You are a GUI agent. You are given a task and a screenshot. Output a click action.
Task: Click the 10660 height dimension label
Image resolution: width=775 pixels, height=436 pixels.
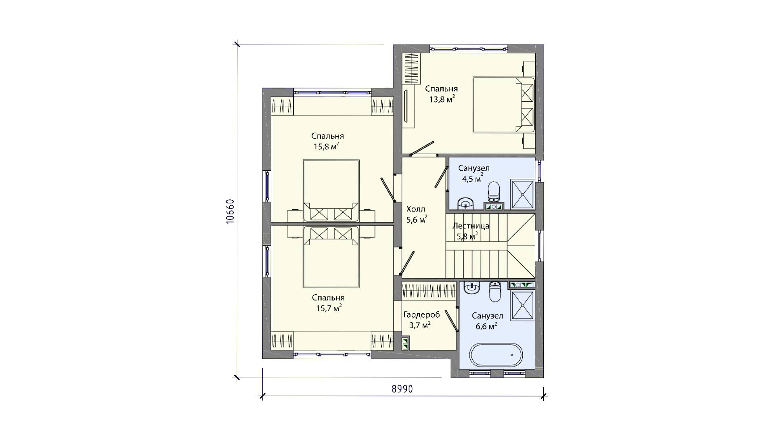[230, 212]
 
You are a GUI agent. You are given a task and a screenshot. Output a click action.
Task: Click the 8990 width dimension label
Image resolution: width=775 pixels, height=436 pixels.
[402, 389]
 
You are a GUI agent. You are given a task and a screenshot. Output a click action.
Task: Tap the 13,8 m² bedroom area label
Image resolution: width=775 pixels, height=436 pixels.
[442, 99]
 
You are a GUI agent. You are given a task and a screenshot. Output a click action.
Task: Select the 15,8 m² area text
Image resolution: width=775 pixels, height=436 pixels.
[326, 146]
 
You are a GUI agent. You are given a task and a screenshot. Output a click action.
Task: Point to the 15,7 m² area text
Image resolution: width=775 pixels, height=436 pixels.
[329, 308]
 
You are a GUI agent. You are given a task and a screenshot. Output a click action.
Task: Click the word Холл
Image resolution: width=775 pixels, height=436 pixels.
[416, 209]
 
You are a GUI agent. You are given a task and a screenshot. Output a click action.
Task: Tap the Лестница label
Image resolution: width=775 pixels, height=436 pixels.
[471, 226]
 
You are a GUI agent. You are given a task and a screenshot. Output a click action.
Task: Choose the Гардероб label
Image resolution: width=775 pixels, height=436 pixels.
[422, 315]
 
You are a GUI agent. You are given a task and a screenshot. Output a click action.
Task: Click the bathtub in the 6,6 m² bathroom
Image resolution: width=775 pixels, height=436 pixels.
[496, 355]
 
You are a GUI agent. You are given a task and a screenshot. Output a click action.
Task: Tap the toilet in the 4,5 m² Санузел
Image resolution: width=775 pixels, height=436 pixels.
[494, 192]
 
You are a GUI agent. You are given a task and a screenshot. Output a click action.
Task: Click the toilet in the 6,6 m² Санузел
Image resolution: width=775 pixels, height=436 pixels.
[494, 291]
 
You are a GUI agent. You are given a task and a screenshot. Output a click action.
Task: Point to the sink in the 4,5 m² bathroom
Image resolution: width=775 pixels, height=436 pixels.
[465, 203]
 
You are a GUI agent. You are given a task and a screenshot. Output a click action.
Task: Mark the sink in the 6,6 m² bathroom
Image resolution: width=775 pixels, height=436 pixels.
[472, 287]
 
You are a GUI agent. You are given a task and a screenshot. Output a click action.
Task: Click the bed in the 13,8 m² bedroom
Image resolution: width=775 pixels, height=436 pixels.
[504, 105]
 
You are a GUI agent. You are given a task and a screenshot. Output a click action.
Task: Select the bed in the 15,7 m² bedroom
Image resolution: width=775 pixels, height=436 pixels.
[331, 257]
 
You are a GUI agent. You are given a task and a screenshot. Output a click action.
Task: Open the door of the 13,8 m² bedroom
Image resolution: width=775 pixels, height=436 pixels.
[422, 148]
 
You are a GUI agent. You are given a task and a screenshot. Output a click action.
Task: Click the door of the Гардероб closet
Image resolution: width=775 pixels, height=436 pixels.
[451, 321]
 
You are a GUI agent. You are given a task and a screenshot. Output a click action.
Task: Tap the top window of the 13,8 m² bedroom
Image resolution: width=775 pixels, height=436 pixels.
[468, 49]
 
